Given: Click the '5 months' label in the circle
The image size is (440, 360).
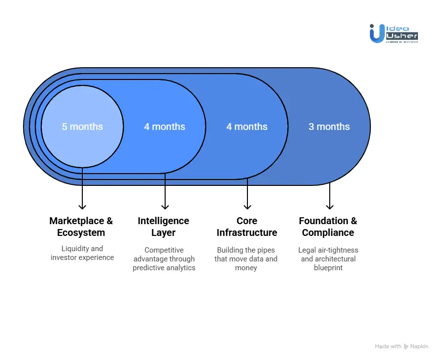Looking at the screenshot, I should tap(82, 127).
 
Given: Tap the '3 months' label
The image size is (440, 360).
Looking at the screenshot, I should tap(329, 127).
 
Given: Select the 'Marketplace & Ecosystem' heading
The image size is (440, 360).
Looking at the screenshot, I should tap(81, 227).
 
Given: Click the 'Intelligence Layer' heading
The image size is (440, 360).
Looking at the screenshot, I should tap(163, 227).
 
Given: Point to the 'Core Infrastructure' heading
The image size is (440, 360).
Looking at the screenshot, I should tap(247, 227).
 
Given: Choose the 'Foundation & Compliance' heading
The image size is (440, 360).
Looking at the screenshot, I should tap(328, 227).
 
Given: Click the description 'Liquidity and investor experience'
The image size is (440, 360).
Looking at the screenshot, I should tap(82, 253).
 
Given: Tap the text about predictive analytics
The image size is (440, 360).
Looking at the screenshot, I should tap(164, 259).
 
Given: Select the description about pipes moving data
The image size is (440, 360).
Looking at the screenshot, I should tap(246, 259).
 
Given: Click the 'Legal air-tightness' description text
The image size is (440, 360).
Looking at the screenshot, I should tap(328, 259).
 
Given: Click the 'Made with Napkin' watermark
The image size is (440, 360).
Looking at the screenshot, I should tap(401, 346).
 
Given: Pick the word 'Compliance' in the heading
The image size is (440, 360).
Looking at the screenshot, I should tap(328, 232).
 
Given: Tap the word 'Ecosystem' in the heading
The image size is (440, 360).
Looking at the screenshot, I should tap(81, 232).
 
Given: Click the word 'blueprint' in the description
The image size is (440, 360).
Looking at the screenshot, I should tap(328, 268).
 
